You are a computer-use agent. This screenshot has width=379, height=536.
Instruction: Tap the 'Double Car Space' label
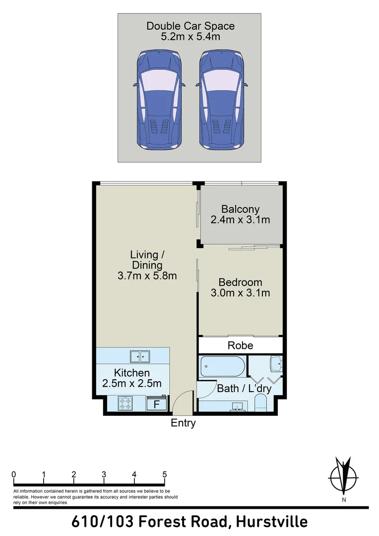(x=190, y=26)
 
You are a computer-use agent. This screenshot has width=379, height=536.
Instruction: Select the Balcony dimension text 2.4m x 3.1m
(x=240, y=220)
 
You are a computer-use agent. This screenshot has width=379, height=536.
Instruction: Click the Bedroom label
(x=240, y=282)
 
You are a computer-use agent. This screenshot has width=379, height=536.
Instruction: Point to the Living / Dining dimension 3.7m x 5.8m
(x=147, y=276)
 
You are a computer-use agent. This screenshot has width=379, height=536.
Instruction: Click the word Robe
(x=240, y=345)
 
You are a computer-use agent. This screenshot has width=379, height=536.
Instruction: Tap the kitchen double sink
(x=140, y=356)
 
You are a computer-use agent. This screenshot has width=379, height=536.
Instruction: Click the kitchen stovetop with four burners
(x=125, y=404)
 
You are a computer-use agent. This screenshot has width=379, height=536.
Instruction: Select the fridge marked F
(x=157, y=404)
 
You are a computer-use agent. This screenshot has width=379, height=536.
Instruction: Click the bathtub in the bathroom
(x=223, y=367)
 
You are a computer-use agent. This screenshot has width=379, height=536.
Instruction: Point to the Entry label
(x=183, y=423)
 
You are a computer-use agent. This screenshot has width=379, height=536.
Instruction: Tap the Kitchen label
(x=131, y=373)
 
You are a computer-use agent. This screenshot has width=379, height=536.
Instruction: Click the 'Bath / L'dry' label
(x=244, y=389)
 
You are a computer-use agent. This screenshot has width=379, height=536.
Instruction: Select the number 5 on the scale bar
(x=165, y=474)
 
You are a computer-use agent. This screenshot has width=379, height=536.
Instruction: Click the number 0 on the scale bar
(x=14, y=474)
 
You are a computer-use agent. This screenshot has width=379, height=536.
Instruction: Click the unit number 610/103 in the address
(x=102, y=522)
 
